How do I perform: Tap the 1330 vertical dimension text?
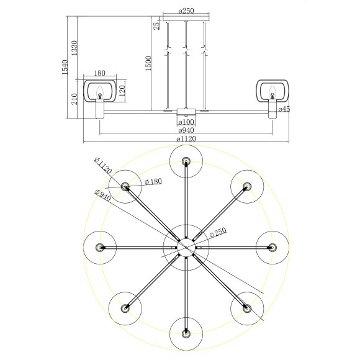pos(74,47)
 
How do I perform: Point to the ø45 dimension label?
pos(284,109)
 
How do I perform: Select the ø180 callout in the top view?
pos(153,181)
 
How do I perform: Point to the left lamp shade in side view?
pos(99,91)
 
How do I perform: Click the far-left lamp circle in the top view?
pos(100,247)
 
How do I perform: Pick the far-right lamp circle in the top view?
pos(272,247)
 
